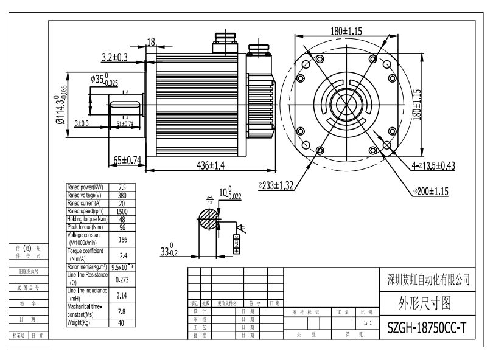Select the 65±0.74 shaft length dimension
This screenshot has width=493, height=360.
pyautogui.click(x=128, y=160)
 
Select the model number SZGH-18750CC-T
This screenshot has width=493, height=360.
pyautogui.click(x=428, y=328)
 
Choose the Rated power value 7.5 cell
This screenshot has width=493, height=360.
pyautogui.click(x=122, y=188)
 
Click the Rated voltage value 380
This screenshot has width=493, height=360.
pyautogui.click(x=122, y=196)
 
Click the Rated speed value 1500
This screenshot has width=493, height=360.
pyautogui.click(x=122, y=211)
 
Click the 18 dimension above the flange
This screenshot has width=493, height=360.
pyautogui.click(x=151, y=41)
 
